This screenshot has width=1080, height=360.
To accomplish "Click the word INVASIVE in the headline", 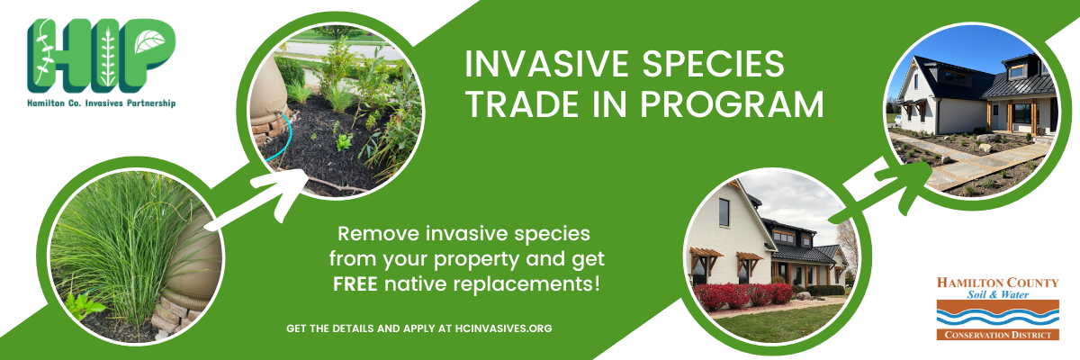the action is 548,64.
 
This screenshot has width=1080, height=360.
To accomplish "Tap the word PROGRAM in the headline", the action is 732,104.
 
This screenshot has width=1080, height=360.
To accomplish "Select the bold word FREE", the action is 355,283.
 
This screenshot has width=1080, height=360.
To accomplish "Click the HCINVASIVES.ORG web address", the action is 503,328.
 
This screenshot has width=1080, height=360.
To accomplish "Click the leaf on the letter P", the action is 149,41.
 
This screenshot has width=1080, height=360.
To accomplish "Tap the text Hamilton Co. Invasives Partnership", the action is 101,103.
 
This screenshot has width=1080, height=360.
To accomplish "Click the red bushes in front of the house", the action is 742,295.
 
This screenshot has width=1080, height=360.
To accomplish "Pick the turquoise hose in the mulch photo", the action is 283,138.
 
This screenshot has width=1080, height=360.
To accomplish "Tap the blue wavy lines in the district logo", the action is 997,318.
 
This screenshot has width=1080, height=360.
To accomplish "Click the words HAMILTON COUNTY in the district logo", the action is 997,283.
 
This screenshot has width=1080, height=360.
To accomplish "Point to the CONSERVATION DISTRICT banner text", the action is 997,335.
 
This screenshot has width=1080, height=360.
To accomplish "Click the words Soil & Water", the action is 997,294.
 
